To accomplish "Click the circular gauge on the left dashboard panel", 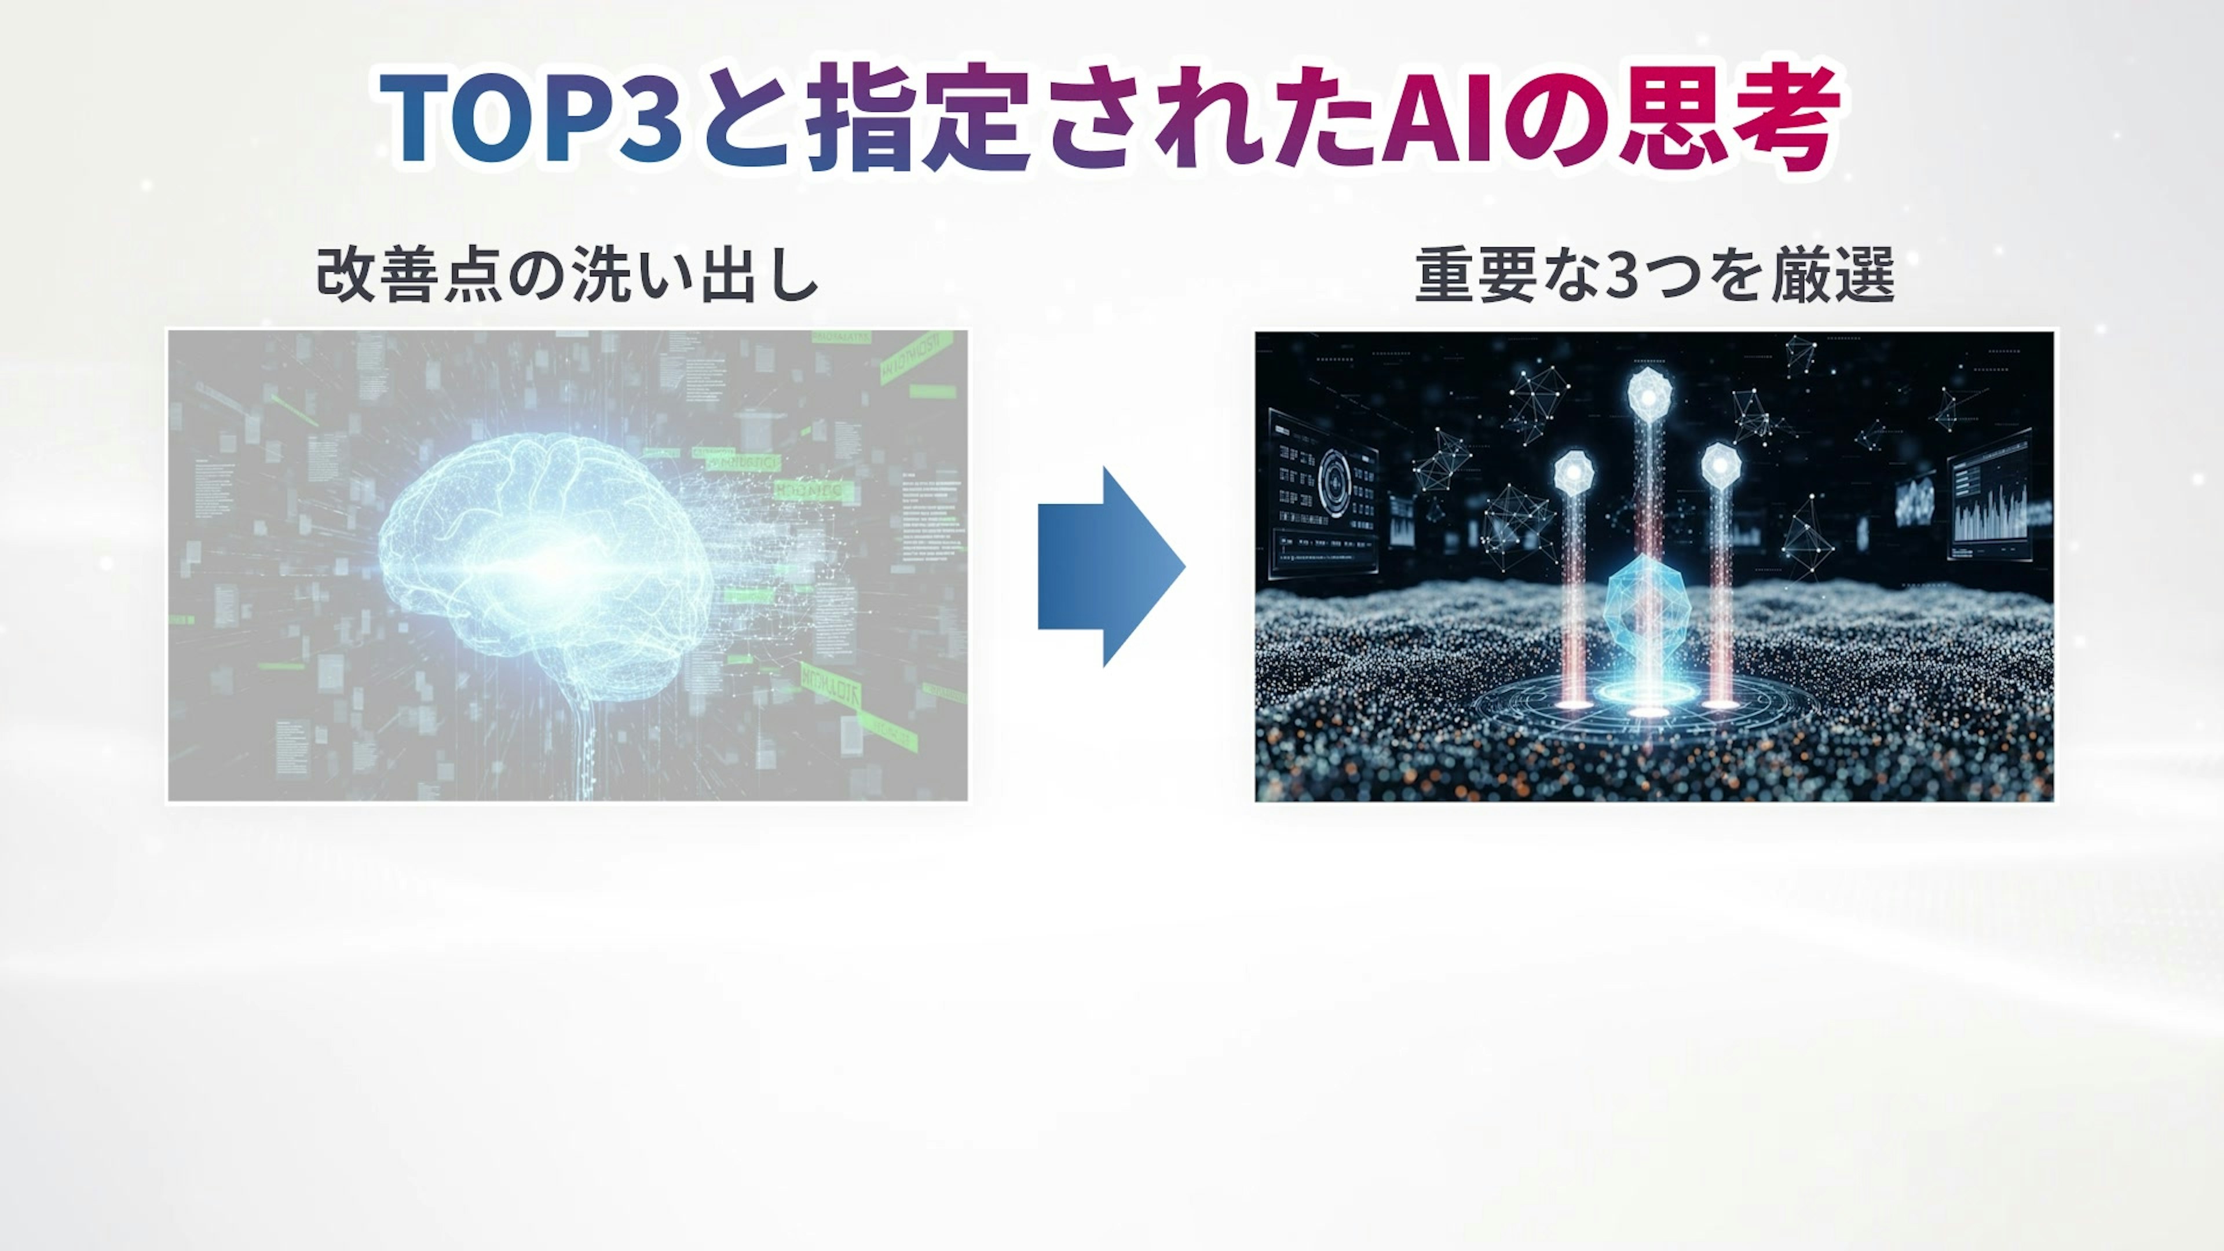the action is click(x=1336, y=484).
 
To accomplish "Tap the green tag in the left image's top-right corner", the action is click(x=917, y=356).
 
